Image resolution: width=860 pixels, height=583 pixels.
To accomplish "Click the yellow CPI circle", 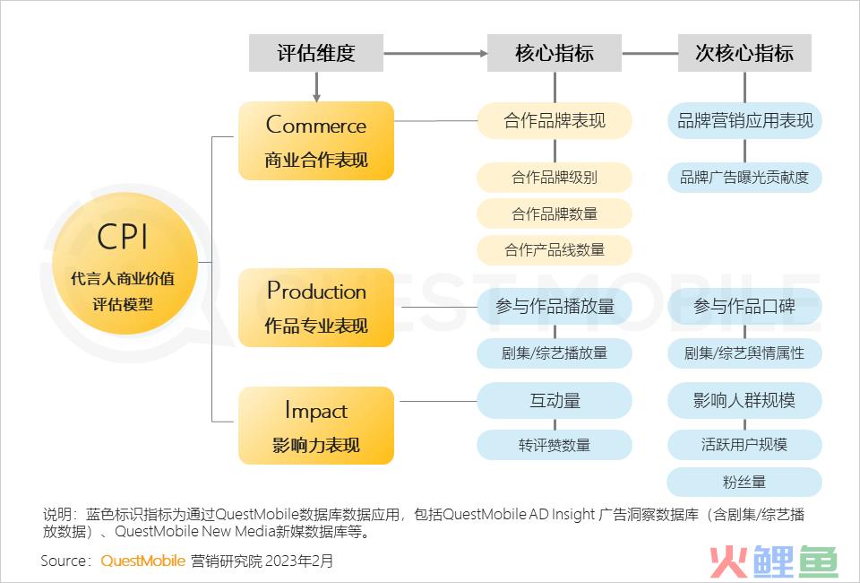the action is tap(125, 263).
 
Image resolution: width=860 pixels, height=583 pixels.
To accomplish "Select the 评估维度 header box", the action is tap(316, 53).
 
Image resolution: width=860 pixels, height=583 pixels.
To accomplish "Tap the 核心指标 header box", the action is tap(555, 53).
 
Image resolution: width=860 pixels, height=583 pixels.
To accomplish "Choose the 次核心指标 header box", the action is tap(744, 53).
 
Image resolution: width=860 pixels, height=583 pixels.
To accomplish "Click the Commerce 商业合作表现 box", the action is tap(316, 141).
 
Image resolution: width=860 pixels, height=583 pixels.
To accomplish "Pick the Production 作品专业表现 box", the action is tap(316, 308).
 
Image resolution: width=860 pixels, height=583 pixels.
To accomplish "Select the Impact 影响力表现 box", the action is tap(316, 425).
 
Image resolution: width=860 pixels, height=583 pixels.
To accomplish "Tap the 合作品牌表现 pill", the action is tap(555, 121).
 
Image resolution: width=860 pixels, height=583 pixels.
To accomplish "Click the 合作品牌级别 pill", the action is tap(555, 178).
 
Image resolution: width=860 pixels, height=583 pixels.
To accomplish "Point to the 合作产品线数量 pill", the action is tap(555, 250).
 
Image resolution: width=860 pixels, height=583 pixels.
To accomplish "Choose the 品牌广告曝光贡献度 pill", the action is tap(744, 178).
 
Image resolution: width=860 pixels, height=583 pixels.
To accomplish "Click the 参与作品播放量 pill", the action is tap(555, 306).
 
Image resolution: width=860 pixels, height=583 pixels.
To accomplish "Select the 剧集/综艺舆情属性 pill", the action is tap(744, 353).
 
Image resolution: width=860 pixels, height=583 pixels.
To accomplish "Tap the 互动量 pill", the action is tap(555, 401).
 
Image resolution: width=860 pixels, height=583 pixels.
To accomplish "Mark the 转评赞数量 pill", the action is tap(555, 445).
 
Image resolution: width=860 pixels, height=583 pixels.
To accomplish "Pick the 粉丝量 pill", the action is tap(744, 482).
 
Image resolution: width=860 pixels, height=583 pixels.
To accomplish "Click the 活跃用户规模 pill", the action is tap(744, 445).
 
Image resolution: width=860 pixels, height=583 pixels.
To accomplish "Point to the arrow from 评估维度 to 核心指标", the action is tap(435, 53).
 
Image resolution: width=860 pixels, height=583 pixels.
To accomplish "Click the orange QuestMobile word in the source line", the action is tap(143, 561).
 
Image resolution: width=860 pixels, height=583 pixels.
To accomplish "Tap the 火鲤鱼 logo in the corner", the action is tap(774, 561).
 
